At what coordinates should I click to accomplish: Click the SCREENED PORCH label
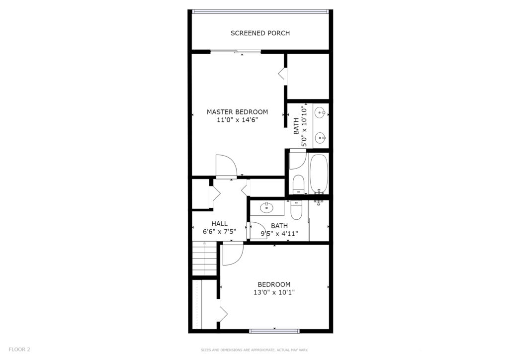tap(260, 33)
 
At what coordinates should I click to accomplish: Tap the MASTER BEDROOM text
tap(237, 112)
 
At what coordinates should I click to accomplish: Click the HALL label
tap(219, 224)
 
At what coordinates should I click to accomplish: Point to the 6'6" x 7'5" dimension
tap(219, 231)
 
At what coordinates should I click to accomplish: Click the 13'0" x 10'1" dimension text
tap(274, 292)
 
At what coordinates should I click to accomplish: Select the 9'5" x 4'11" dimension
tap(279, 233)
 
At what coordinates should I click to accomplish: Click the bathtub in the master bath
tap(319, 174)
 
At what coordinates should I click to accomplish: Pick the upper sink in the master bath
tap(320, 113)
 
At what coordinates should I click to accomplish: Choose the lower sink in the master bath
tap(320, 138)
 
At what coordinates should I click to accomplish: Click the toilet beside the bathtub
tap(298, 184)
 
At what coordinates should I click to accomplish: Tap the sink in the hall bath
tap(266, 207)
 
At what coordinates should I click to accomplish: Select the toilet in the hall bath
tap(296, 210)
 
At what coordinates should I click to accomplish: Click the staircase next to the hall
tap(204, 259)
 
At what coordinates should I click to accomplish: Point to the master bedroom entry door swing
tap(226, 166)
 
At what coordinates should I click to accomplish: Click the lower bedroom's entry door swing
tap(233, 254)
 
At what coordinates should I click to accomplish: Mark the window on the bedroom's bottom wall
tap(274, 331)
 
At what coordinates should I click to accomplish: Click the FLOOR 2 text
tap(19, 350)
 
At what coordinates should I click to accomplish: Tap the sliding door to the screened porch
tap(236, 51)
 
